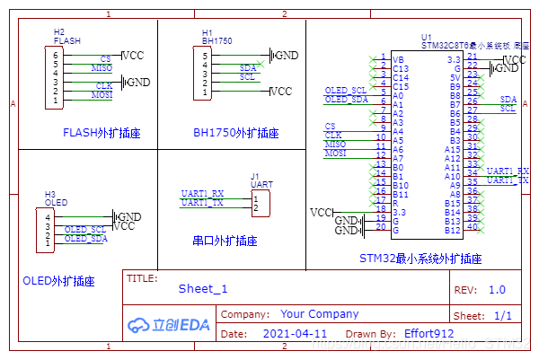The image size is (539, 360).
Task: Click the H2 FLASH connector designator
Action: [59, 31]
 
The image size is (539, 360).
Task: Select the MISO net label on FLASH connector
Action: [102, 67]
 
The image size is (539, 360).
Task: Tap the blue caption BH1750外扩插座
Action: [235, 133]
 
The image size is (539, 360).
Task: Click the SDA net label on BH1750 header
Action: [248, 67]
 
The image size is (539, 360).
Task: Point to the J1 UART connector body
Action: [260, 203]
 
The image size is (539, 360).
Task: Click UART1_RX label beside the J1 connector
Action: [202, 193]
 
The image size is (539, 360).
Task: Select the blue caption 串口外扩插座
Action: [225, 241]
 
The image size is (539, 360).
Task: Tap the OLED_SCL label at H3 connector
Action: [85, 230]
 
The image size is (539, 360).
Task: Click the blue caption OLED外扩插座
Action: [58, 282]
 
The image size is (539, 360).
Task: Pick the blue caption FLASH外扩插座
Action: [102, 133]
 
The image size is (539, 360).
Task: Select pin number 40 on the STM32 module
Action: [473, 226]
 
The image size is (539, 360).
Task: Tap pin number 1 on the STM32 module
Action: [384, 57]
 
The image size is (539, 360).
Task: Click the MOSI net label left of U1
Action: [334, 154]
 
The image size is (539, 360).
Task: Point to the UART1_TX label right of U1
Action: [508, 180]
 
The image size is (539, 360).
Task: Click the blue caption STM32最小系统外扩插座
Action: [420, 259]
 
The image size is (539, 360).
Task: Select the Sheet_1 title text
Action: [203, 288]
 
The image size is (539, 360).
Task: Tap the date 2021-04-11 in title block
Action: [295, 333]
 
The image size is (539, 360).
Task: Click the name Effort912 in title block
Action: [429, 333]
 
